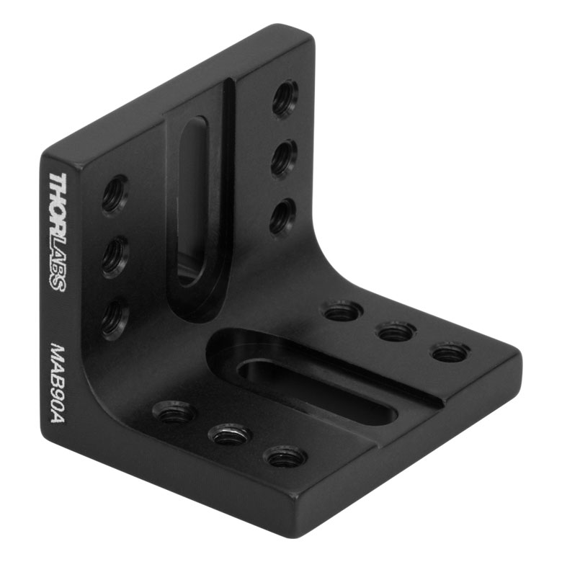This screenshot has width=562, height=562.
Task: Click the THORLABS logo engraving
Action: click(x=58, y=232)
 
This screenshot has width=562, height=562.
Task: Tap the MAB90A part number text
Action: click(x=58, y=383)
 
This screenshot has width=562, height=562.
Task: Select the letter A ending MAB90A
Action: click(x=58, y=416)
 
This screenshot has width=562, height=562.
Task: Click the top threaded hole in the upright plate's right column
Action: click(x=285, y=98)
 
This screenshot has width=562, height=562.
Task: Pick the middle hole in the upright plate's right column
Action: click(x=284, y=157)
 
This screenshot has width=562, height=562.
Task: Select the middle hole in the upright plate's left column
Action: click(x=115, y=257)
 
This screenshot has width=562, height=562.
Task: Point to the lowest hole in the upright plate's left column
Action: click(x=115, y=319)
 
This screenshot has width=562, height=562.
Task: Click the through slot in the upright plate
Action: click(x=193, y=201)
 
